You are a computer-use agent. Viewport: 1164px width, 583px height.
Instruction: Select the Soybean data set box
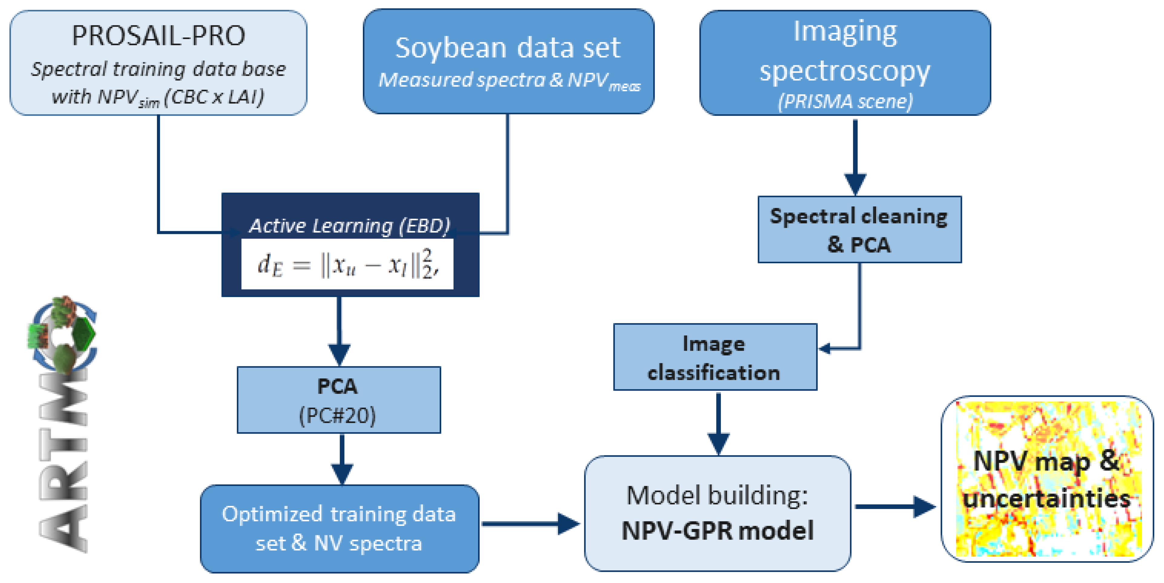click(508, 61)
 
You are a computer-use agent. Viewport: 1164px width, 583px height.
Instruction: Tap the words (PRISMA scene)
click(845, 101)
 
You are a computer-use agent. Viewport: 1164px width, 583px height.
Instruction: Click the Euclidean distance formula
click(347, 264)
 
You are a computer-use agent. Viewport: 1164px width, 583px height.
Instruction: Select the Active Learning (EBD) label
click(349, 225)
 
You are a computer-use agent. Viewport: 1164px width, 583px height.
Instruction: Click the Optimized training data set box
click(339, 528)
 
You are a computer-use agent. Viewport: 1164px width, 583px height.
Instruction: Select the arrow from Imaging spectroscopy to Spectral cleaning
click(855, 158)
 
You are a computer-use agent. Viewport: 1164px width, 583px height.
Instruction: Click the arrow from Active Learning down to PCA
click(339, 332)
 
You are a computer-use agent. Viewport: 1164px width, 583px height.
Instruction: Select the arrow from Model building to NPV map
click(895, 507)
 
